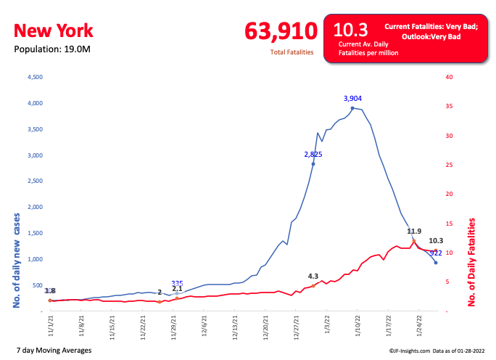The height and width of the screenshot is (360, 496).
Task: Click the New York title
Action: point(54,30)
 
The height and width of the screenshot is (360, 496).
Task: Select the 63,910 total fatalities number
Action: point(281,31)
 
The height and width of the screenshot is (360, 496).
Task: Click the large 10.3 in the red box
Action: point(350,30)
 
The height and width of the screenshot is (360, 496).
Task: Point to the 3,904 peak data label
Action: point(352,98)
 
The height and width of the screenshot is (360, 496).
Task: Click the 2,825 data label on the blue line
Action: point(313,154)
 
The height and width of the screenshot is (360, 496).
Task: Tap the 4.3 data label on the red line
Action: point(313,276)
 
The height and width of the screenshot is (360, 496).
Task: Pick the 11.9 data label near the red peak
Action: point(414,232)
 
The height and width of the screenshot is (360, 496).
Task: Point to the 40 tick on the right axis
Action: point(449,77)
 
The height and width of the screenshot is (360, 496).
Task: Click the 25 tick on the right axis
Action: point(449,165)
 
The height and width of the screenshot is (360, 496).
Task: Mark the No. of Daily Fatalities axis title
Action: point(473,262)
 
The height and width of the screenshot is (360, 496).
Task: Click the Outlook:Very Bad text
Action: point(431,36)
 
